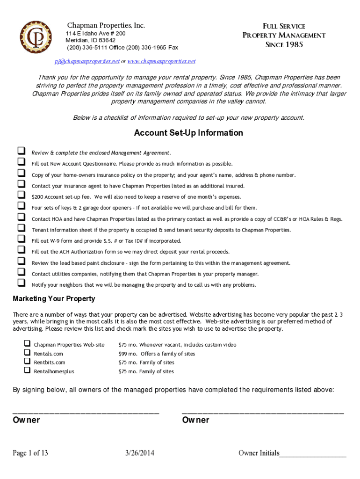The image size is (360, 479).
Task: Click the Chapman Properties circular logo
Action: click(36, 37)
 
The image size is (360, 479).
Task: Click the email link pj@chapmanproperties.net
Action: click(87, 61)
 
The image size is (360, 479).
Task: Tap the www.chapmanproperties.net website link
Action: click(161, 61)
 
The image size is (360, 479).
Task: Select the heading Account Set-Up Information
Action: click(188, 133)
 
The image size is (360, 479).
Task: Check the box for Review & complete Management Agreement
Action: click(21, 151)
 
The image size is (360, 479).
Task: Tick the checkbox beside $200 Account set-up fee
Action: click(21, 195)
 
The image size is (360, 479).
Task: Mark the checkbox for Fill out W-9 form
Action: click(21, 239)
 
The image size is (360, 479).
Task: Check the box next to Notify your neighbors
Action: click(21, 283)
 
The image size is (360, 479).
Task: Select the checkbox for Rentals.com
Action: click(27, 353)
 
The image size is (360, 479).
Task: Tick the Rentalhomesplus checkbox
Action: click(27, 370)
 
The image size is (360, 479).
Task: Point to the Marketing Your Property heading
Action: click(54, 298)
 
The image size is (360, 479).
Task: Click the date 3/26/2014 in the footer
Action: click(140, 453)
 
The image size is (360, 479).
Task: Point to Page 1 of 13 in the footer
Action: click(30, 453)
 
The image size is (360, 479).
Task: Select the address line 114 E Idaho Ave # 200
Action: click(95, 34)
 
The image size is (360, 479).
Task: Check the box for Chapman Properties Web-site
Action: click(27, 344)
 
